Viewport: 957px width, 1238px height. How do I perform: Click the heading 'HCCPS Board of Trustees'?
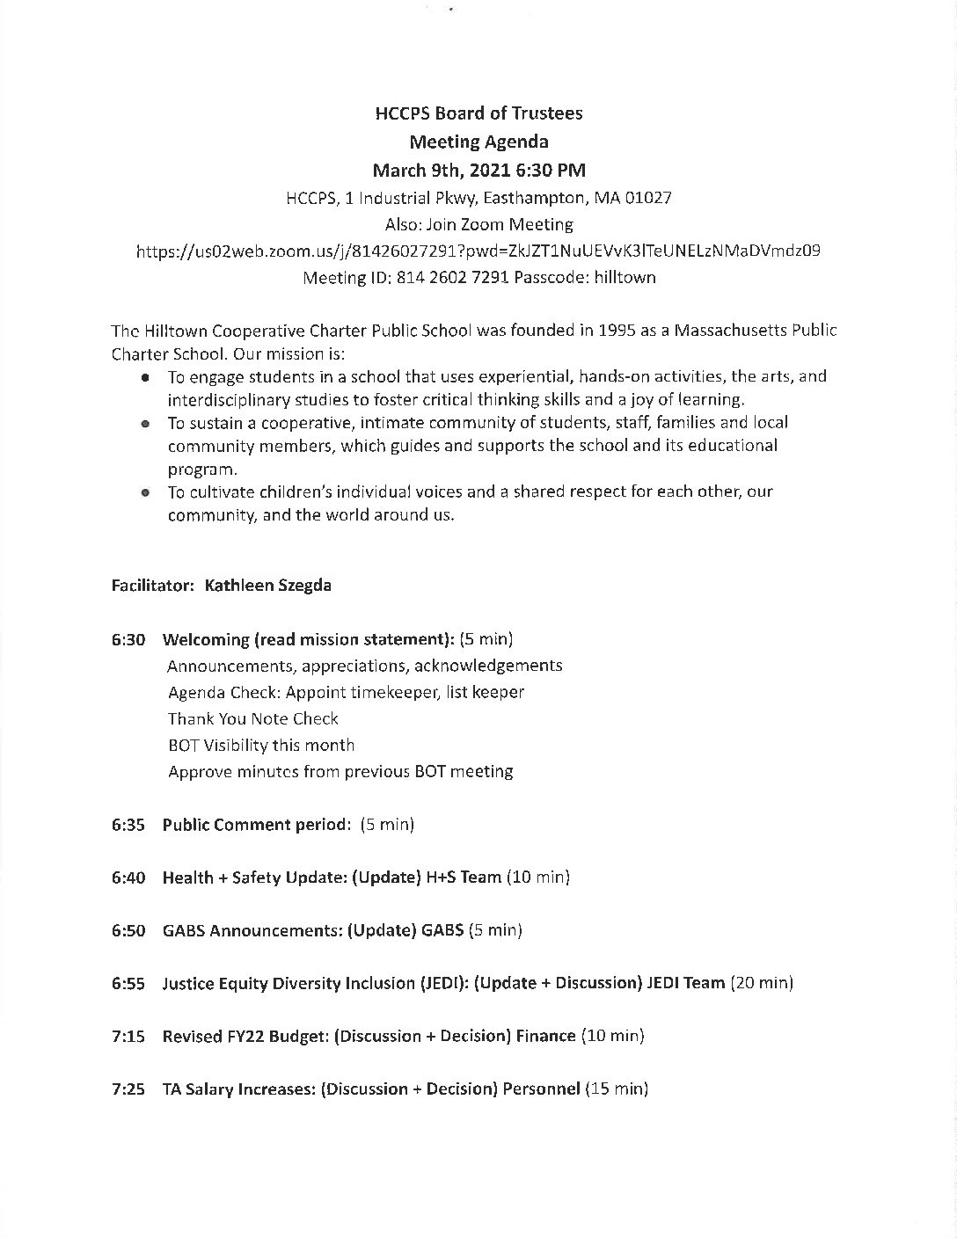(x=478, y=113)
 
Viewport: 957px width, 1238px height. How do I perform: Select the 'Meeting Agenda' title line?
(x=478, y=142)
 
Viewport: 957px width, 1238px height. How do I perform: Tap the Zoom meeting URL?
(x=478, y=251)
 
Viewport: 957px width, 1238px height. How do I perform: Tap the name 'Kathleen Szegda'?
(x=267, y=585)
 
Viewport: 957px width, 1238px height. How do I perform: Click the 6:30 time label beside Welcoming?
(x=128, y=639)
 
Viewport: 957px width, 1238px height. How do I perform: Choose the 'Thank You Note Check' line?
(x=253, y=718)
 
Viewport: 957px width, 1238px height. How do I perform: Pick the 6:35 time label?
(x=128, y=825)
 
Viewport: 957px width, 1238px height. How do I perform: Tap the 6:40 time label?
(x=128, y=878)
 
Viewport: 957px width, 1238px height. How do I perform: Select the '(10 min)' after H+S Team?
(x=537, y=878)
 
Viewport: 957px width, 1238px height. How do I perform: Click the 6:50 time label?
(x=128, y=930)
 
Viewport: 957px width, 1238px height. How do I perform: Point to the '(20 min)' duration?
(x=762, y=983)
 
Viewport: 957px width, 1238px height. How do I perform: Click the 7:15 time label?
(x=128, y=1037)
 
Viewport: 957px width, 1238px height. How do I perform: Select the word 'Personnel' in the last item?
(x=541, y=1089)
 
